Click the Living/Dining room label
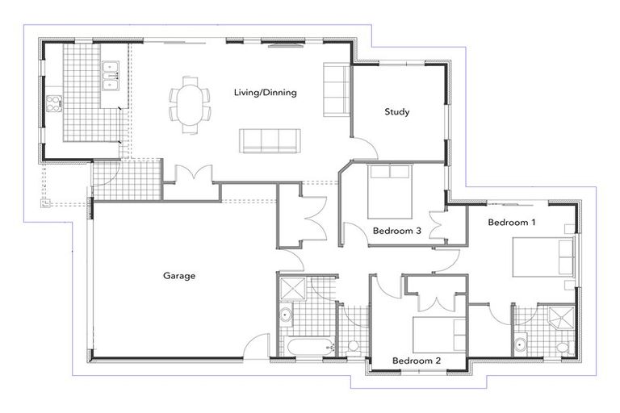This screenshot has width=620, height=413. tap(265, 93)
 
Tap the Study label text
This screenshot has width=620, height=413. tap(396, 112)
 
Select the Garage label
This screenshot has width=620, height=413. tap(179, 276)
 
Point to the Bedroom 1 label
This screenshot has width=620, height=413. tap(512, 222)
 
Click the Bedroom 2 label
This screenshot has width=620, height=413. tap(416, 361)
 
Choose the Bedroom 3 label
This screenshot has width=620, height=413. tap(396, 232)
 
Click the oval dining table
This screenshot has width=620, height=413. tap(190, 104)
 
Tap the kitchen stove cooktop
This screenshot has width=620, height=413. tap(55, 102)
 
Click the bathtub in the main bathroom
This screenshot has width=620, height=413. tap(306, 347)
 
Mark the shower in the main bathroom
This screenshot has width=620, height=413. tap(291, 287)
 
